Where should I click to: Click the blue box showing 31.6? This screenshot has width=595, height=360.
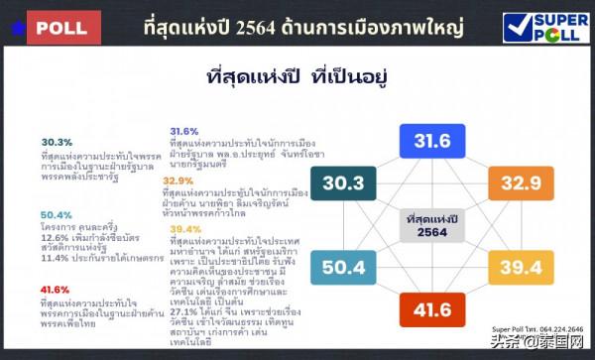432,141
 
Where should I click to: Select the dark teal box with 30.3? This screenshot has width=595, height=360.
342,183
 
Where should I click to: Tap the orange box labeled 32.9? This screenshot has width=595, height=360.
521,183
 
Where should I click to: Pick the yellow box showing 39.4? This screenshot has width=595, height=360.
521,267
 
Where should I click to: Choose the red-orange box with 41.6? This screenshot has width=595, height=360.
432,311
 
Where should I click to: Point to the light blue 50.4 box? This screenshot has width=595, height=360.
342,267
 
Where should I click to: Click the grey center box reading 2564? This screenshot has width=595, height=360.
431,225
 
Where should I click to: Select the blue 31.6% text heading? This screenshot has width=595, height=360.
183,131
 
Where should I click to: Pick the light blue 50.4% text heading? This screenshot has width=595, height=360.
55,215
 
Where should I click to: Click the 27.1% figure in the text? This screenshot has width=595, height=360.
183,309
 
